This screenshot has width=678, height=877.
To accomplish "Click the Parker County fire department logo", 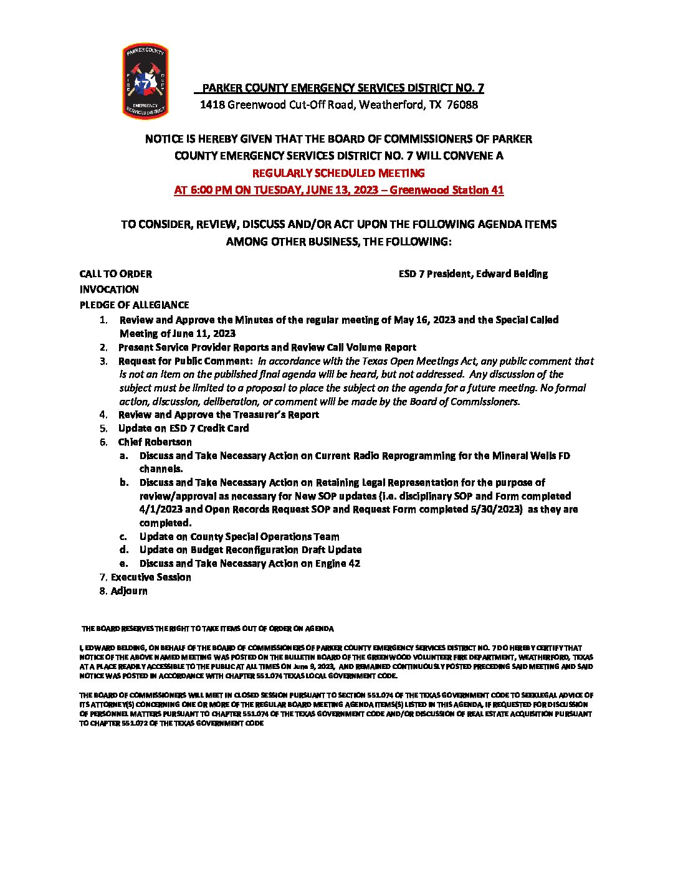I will pyautogui.click(x=145, y=81).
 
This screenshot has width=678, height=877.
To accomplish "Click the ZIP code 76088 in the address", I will pyautogui.click(x=462, y=105).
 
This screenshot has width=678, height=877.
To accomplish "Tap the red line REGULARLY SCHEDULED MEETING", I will pyautogui.click(x=338, y=173).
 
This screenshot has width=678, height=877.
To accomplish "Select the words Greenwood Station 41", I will pyautogui.click(x=446, y=190).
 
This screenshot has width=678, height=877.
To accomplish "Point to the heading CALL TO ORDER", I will pyautogui.click(x=115, y=274).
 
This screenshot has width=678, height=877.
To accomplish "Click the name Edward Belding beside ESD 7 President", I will pyautogui.click(x=512, y=274).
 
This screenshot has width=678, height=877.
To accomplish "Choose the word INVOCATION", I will pyautogui.click(x=109, y=290).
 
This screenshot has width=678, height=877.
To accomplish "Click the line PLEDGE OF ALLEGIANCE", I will pyautogui.click(x=134, y=305).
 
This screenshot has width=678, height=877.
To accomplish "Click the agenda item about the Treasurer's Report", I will pyautogui.click(x=218, y=415).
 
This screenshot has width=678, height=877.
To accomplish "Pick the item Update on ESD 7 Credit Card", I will pyautogui.click(x=183, y=429).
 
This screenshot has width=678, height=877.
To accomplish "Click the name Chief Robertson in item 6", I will pyautogui.click(x=155, y=442).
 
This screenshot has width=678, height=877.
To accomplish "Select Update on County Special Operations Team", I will pyautogui.click(x=239, y=537).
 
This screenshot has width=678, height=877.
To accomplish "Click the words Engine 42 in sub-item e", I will pyautogui.click(x=338, y=564).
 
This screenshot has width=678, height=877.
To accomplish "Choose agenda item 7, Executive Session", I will pyautogui.click(x=151, y=577).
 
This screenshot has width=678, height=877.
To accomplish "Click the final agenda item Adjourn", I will pyautogui.click(x=129, y=591).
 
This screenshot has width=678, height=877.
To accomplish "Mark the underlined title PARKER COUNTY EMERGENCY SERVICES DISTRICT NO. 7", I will pyautogui.click(x=343, y=88).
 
